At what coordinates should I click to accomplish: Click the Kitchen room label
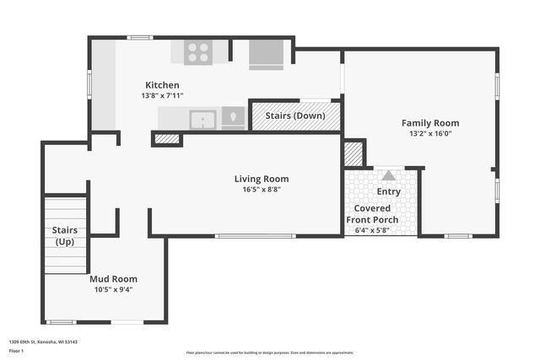[x=162, y=85]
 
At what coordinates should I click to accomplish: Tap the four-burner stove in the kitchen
[x=198, y=52]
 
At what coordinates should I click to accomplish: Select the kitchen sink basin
[x=202, y=120]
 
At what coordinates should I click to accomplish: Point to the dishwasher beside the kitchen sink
[x=234, y=119]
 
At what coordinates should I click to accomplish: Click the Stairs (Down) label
[x=296, y=116]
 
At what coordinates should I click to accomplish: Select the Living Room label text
[x=261, y=179]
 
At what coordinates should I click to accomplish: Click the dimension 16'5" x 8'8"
[x=261, y=190]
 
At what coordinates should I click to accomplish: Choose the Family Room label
[x=429, y=123]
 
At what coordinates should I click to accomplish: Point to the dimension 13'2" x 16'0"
[x=429, y=134]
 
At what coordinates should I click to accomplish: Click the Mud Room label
[x=113, y=279]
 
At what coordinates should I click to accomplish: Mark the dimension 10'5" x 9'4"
[x=113, y=290]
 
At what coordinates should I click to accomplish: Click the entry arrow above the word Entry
[x=388, y=175]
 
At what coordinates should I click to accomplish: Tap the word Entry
[x=388, y=192]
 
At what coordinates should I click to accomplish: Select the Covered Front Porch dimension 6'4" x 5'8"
[x=371, y=230]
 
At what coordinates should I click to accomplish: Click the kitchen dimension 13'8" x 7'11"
[x=162, y=96]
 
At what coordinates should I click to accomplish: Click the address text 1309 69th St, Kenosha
[x=43, y=341]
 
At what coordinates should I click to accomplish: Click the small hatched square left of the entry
[x=354, y=154]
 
